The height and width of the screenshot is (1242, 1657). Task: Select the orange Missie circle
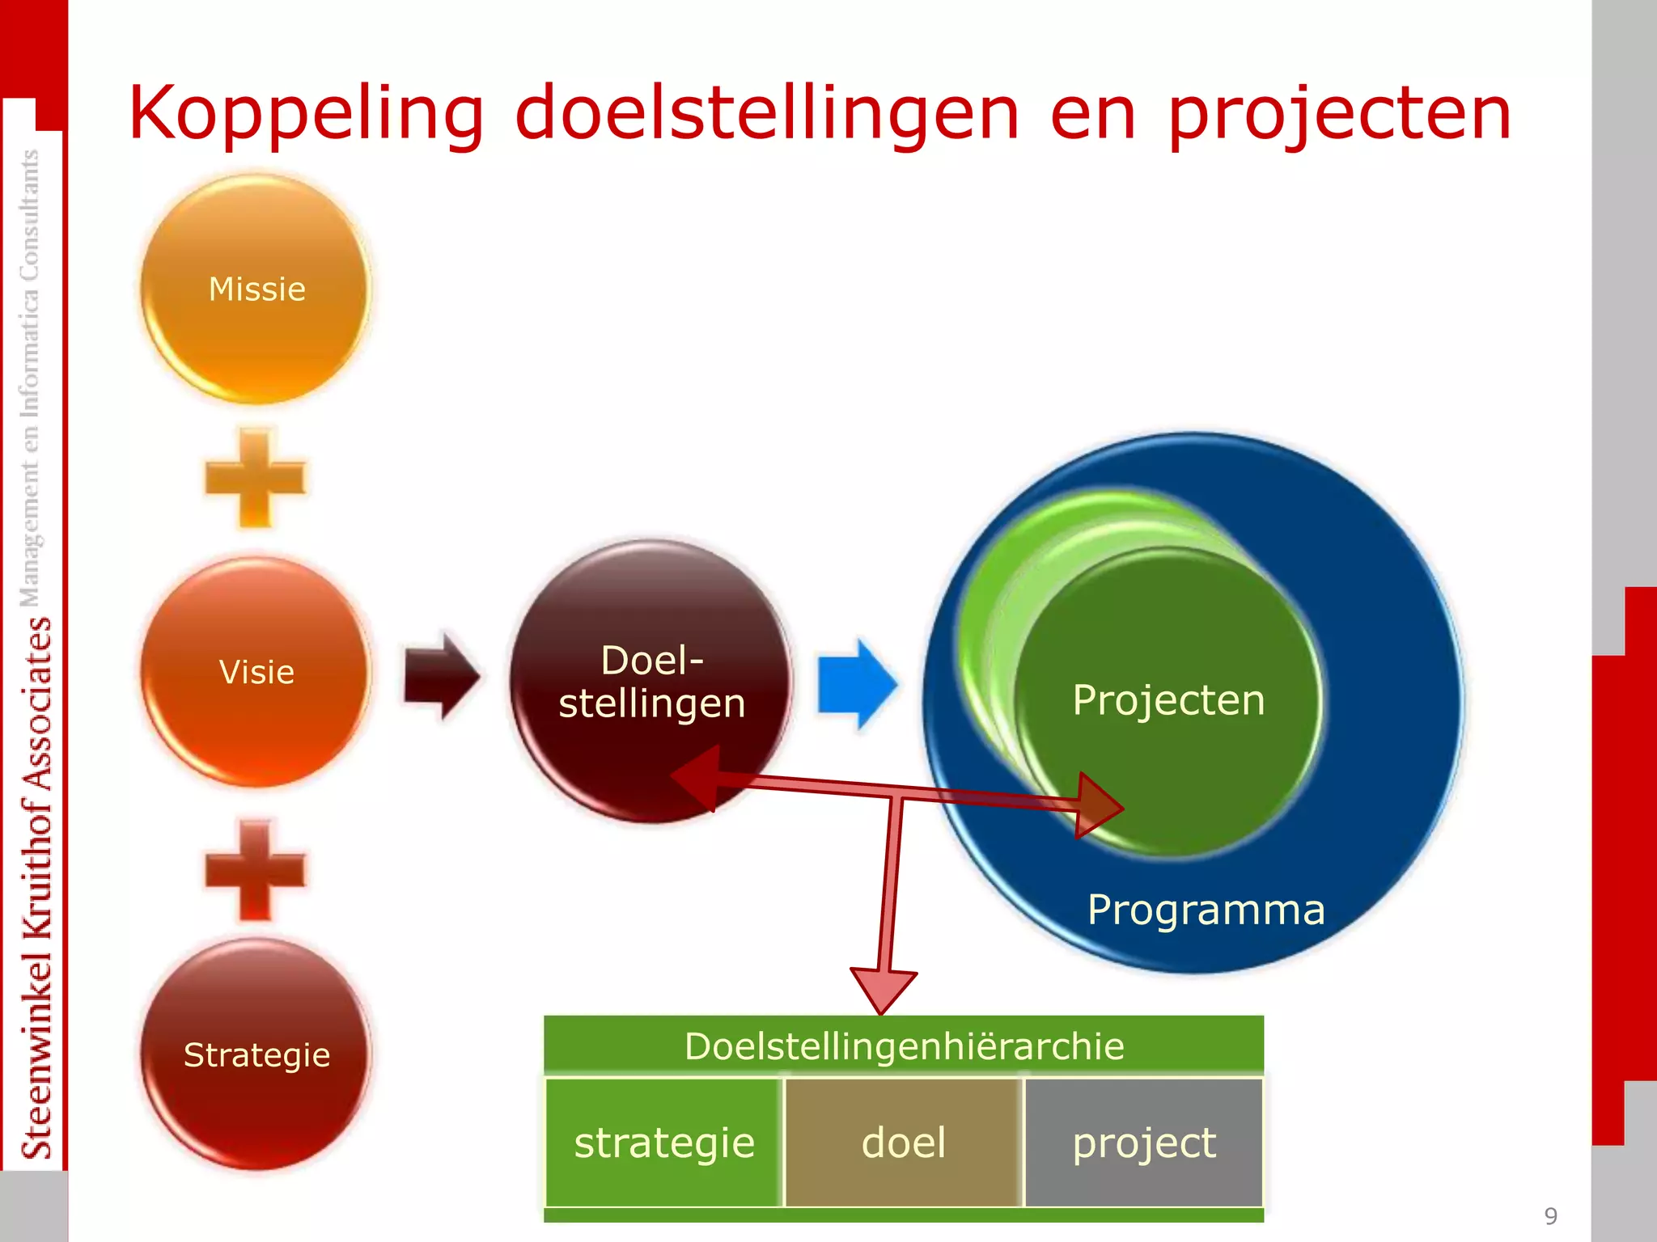point(256,289)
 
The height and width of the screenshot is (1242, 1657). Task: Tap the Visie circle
point(256,672)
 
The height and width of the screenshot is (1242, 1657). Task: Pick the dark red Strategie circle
point(256,1054)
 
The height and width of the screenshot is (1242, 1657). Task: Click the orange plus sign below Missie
point(256,478)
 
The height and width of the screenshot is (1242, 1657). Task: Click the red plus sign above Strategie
point(256,870)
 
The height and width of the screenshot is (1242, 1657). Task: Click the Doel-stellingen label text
point(652,682)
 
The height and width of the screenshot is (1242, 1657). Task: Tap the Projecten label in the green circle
point(1168,700)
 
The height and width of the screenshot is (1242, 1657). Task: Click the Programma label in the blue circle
point(1206,910)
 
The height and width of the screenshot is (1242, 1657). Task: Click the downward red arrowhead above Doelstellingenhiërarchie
point(883,989)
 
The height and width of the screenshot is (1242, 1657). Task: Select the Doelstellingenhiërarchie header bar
point(904,1046)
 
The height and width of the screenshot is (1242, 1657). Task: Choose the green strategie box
point(664,1143)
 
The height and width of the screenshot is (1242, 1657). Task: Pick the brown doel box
point(904,1143)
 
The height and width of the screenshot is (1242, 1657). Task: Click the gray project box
point(1143,1143)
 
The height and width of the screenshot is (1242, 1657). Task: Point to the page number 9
point(1550,1216)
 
